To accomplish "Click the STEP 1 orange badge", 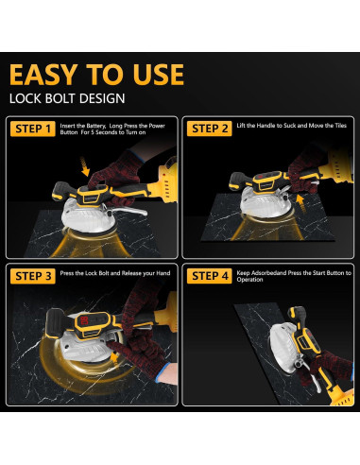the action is pos(33,129).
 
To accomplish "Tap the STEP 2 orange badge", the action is pos(210,129).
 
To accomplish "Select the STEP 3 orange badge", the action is pos(33,276).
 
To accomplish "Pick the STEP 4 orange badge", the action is pos(210,276).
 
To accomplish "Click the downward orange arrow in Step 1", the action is pos(84,167).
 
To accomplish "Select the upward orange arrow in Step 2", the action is pos(301,203).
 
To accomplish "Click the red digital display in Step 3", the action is pos(84,321).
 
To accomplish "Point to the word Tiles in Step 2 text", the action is pos(339,126).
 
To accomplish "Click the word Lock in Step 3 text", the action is pos(92,273).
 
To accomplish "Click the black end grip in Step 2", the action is pos(238,181).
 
